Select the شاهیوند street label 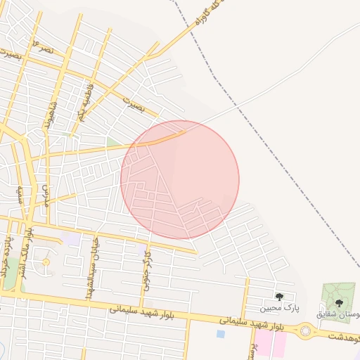click(x=51, y=112)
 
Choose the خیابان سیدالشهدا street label click(x=91, y=266)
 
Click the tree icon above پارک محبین click(x=280, y=297)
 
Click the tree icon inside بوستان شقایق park click(x=340, y=302)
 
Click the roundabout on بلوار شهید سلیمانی click(x=306, y=330)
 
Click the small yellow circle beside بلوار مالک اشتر click(x=46, y=262)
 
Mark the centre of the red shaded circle click(x=180, y=179)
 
